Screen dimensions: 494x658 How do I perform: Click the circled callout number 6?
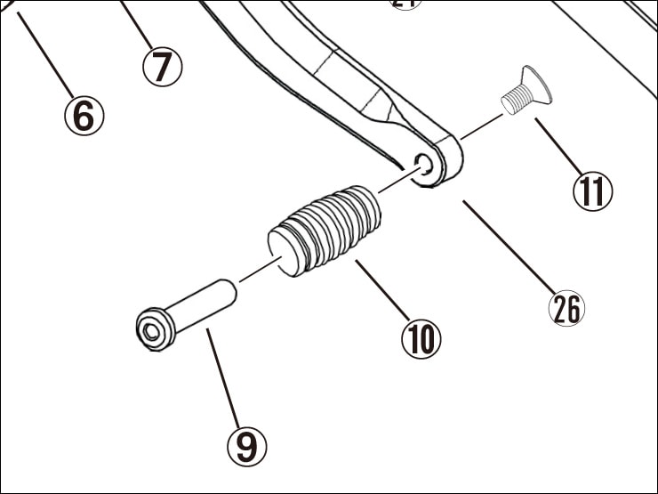(84, 116)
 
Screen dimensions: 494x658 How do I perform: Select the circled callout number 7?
(162, 66)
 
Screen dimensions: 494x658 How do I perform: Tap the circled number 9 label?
(246, 445)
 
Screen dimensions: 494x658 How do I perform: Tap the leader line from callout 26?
(507, 245)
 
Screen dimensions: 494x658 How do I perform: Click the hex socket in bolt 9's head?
(151, 333)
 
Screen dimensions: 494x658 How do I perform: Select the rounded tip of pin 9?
(227, 288)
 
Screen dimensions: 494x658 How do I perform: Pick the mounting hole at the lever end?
(425, 164)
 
